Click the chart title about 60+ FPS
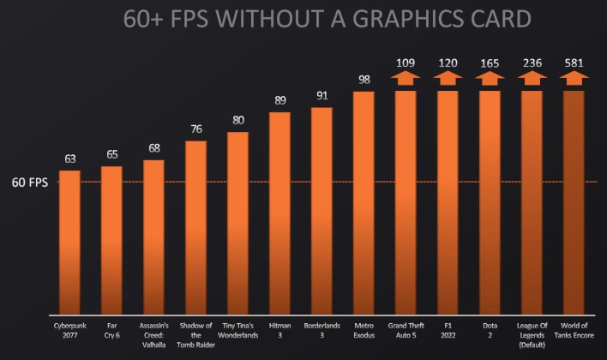point(303,20)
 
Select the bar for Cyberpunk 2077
point(70,240)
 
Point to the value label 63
point(70,159)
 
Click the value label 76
point(196,129)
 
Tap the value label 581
point(574,63)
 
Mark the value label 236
point(532,63)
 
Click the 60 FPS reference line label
point(29,182)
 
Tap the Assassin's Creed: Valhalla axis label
point(154,332)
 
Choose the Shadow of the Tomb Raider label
point(196,332)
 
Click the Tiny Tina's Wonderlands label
point(238,332)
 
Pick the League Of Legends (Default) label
point(532,335)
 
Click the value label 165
point(490,63)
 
